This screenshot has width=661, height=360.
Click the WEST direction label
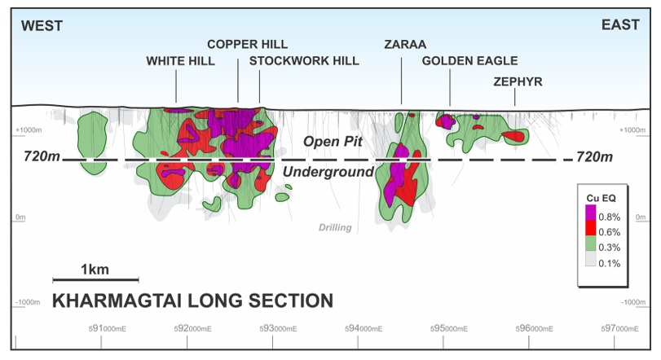pos(42,26)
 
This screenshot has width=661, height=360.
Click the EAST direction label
pos(620,25)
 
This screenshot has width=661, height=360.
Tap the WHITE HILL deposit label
pos(180,61)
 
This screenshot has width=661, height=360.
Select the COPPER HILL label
pos(248,44)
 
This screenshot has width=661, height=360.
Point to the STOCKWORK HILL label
pos(304,61)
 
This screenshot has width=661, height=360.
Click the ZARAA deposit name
pos(405,44)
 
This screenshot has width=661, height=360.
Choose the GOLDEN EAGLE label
pos(469,61)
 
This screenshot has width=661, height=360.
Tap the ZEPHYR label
pos(518,81)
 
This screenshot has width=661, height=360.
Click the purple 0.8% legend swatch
pos(591,213)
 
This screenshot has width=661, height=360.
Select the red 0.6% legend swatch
pos(591,228)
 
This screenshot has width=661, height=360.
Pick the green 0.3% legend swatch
pos(591,243)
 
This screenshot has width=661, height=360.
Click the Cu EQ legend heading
pos(602,198)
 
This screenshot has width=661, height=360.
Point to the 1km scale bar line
pos(95,279)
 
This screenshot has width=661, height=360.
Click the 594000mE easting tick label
pos(364,328)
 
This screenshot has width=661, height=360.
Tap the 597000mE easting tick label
pos(619,328)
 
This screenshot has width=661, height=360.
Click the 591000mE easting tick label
pos(107,328)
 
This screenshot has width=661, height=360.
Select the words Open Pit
pos(333,142)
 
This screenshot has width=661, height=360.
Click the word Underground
pos(328,172)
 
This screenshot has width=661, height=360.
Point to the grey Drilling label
pos(335,228)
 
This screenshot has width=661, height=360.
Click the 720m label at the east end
pos(594,156)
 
